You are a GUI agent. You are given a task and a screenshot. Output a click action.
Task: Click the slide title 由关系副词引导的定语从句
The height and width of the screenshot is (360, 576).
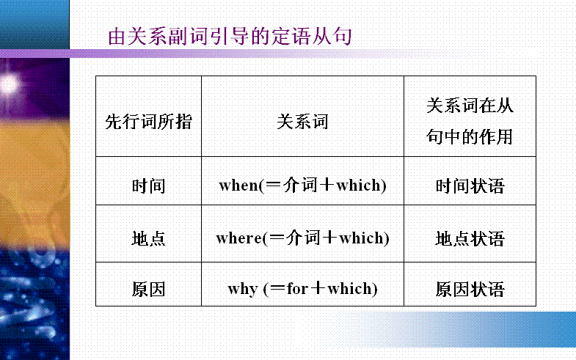(x=230, y=37)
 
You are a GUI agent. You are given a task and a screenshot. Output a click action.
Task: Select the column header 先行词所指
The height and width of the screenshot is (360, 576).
(x=148, y=122)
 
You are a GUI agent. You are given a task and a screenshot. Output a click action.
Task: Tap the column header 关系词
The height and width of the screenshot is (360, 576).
(x=302, y=122)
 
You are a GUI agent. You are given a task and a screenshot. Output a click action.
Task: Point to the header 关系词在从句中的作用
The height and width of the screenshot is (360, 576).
(x=470, y=121)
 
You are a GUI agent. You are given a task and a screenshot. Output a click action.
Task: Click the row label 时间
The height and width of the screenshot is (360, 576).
(x=148, y=185)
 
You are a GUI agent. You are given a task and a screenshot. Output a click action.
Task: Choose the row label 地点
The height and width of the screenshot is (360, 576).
(x=148, y=238)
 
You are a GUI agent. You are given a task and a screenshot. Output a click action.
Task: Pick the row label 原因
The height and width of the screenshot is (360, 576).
(x=148, y=289)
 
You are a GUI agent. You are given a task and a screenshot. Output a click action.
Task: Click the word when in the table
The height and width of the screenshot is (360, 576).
(x=238, y=185)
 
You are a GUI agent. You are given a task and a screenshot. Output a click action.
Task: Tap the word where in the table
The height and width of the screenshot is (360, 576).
(x=239, y=238)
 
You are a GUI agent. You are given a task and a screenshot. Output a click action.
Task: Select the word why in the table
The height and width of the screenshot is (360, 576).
(x=243, y=290)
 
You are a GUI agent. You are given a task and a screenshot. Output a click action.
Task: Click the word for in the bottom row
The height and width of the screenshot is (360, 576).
(x=298, y=289)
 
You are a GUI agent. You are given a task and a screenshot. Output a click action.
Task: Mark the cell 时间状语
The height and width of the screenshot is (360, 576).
(x=470, y=185)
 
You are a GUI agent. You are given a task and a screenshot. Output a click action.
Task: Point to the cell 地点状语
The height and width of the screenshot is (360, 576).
(x=470, y=238)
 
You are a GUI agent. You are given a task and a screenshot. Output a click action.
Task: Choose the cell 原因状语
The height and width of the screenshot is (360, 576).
(x=470, y=289)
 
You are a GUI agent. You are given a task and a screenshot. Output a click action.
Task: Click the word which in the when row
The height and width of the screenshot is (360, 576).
(x=359, y=185)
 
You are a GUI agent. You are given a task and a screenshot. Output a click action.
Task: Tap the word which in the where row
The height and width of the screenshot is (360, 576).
(x=362, y=238)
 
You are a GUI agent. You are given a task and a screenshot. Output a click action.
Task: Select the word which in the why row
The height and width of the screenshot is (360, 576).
(x=350, y=288)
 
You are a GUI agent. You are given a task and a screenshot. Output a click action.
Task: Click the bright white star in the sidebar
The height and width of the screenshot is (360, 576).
(x=10, y=84)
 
